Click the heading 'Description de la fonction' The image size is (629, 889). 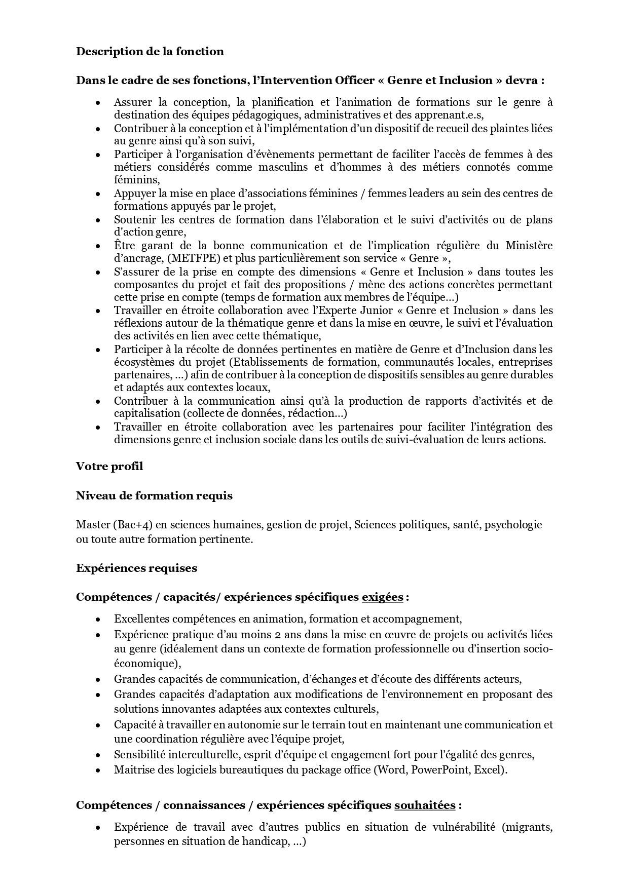tap(150, 51)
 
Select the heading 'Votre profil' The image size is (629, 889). tap(109, 466)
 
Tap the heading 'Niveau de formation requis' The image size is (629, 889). tap(154, 495)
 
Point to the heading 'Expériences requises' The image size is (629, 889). tap(136, 568)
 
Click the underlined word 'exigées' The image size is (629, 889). tap(382, 597)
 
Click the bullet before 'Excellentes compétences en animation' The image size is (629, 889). tap(98, 619)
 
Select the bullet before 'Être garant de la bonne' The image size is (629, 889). tap(98, 246)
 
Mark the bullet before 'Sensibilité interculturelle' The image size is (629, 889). tap(98, 755)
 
